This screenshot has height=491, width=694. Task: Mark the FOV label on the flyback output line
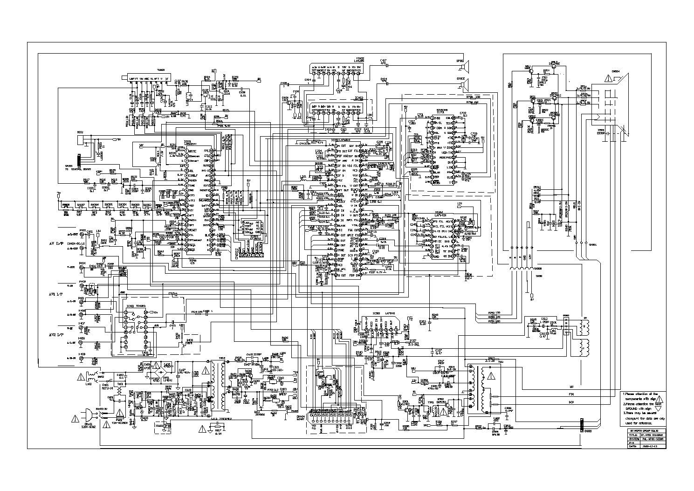pyautogui.click(x=571, y=394)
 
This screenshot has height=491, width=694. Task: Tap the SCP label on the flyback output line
pyautogui.click(x=571, y=401)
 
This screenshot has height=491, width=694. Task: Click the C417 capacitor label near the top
pyautogui.click(x=383, y=61)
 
